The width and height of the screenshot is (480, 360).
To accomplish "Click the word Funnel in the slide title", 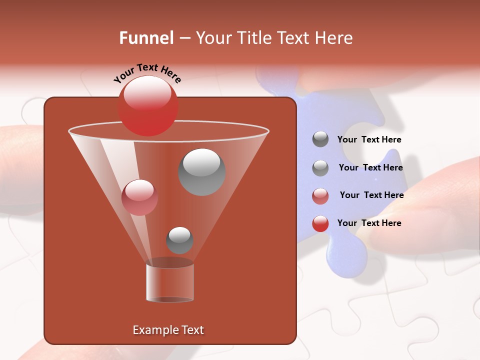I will pyautogui.click(x=146, y=38).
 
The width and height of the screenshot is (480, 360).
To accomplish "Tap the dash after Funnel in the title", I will pyautogui.click(x=184, y=38).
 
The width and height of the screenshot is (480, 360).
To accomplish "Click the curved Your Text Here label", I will pyautogui.click(x=147, y=72).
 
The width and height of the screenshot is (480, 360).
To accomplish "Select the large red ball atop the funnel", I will pyautogui.click(x=147, y=106).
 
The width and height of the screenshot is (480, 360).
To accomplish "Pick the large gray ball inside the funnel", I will pyautogui.click(x=201, y=172).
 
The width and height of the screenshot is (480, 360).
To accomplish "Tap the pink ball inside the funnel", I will pyautogui.click(x=139, y=197).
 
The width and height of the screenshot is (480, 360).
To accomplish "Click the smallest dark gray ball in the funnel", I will pyautogui.click(x=179, y=240).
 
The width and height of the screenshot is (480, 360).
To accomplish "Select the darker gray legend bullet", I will pyautogui.click(x=320, y=139).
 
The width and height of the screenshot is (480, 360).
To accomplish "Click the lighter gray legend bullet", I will pyautogui.click(x=320, y=167).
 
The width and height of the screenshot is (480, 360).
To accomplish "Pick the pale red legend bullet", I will pyautogui.click(x=320, y=195).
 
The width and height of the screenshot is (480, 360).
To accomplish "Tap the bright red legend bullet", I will pyautogui.click(x=320, y=223).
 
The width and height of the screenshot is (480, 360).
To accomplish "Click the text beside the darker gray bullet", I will pyautogui.click(x=369, y=140).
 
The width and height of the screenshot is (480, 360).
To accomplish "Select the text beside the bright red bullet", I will pyautogui.click(x=369, y=223).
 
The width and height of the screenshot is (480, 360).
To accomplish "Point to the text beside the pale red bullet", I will pyautogui.click(x=371, y=195).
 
